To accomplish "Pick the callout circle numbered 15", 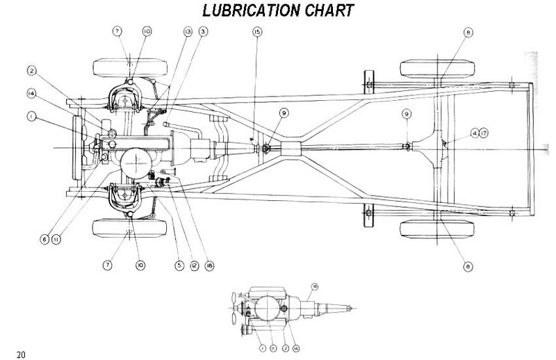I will click(257, 32).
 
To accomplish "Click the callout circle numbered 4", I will click(473, 132).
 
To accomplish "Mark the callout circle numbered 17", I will click(484, 132).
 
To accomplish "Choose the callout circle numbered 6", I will click(44, 239).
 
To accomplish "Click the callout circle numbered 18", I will click(208, 265).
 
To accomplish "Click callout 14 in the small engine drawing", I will click(296, 346).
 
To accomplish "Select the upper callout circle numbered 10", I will click(147, 32).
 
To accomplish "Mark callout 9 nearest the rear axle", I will click(407, 114).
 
